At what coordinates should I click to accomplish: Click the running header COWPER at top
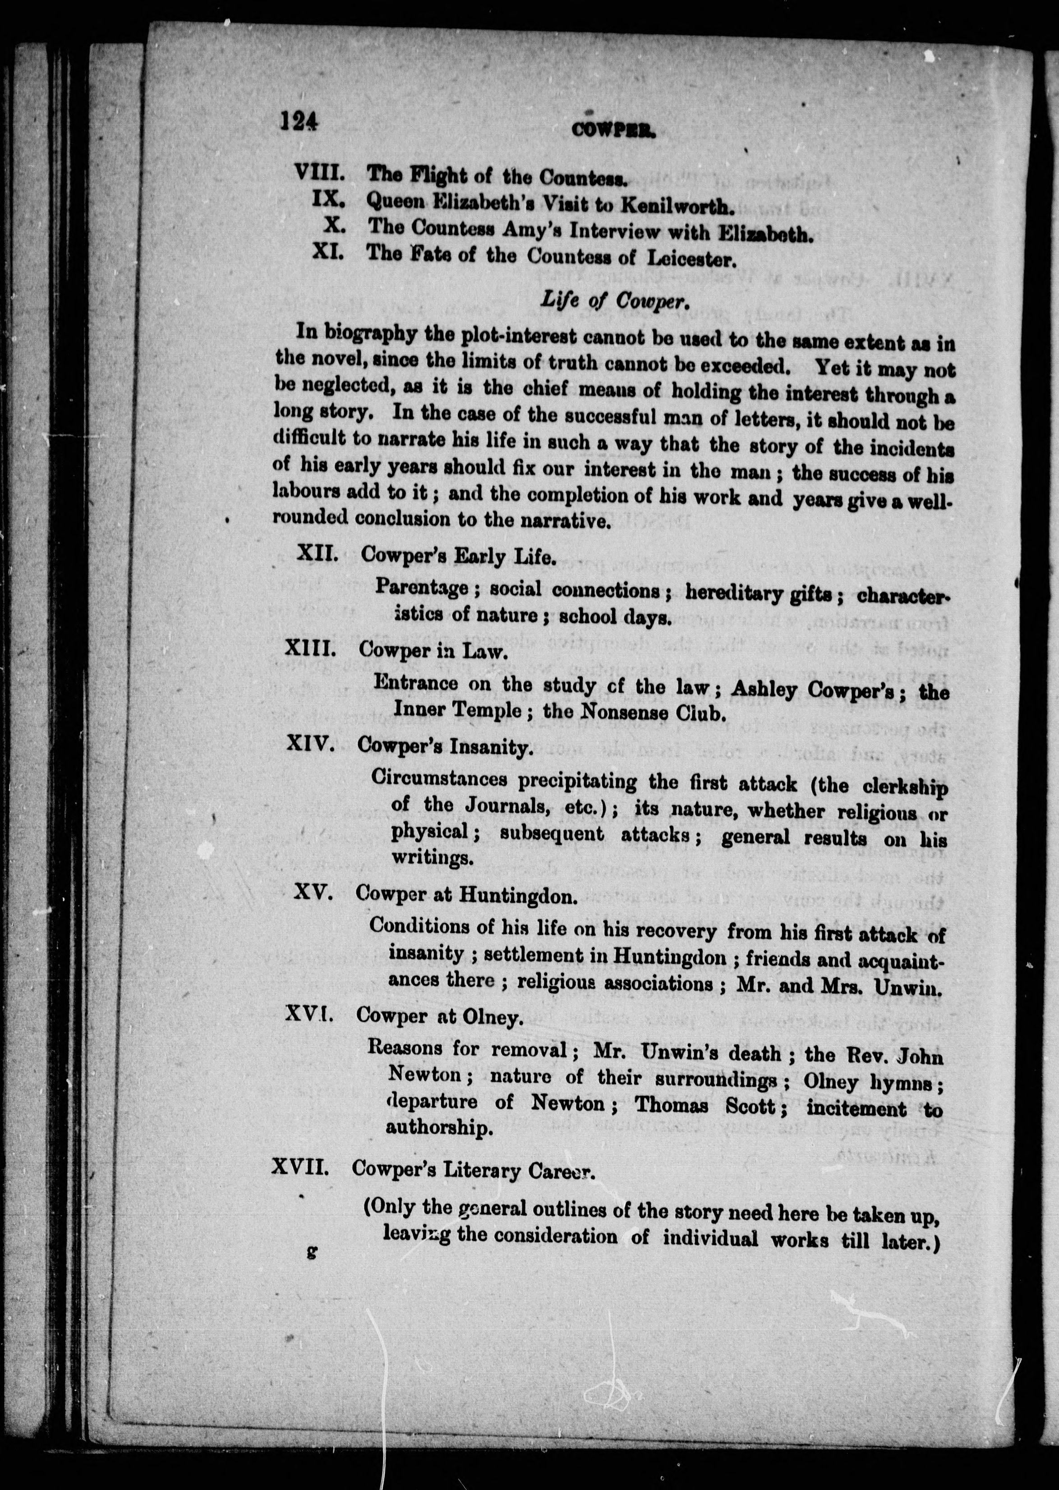(x=614, y=130)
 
